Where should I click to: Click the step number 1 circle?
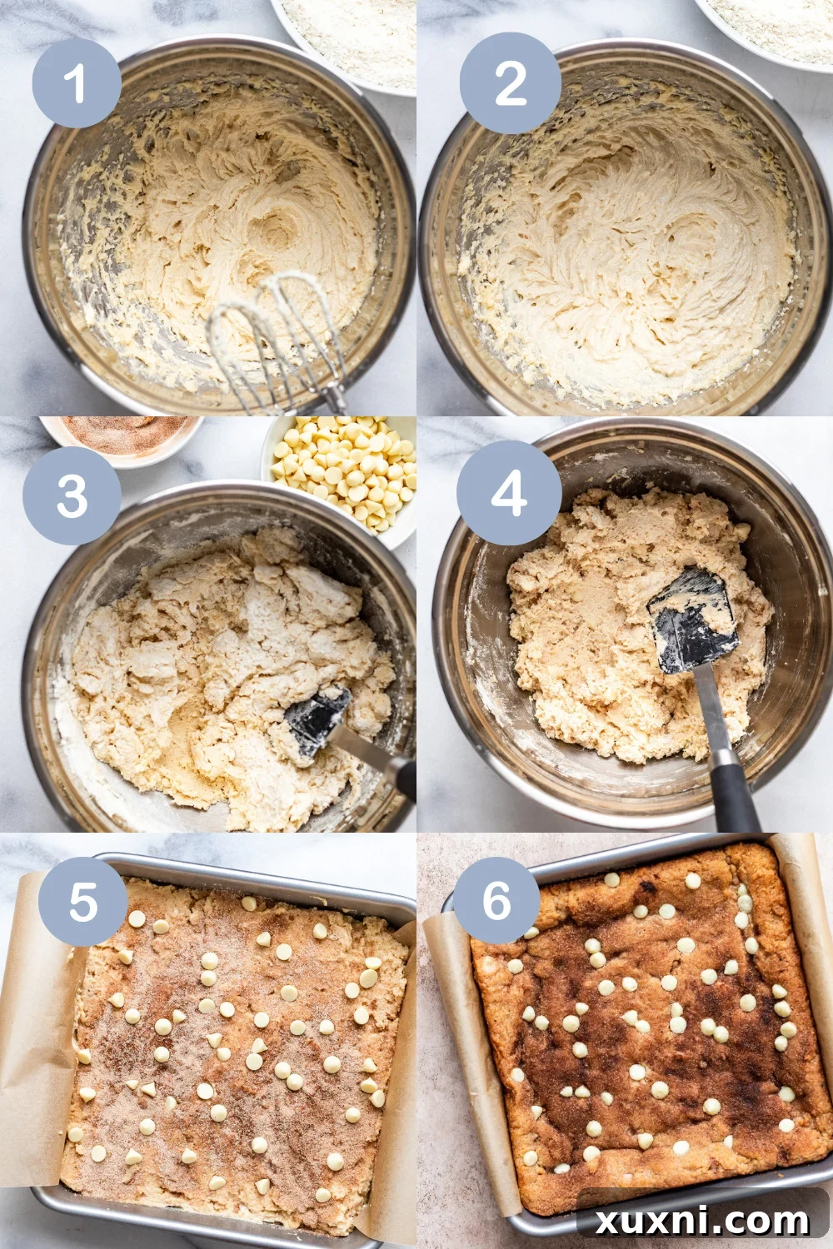pyautogui.click(x=77, y=83)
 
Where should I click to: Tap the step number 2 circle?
pyautogui.click(x=510, y=83)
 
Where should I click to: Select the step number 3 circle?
pyautogui.click(x=72, y=495)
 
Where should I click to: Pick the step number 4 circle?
pyautogui.click(x=508, y=492)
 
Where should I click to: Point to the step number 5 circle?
pyautogui.click(x=82, y=901)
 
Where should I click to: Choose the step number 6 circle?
pyautogui.click(x=496, y=900)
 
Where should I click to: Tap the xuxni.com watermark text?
pyautogui.click(x=702, y=1221)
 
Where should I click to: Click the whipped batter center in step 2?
pyautogui.click(x=633, y=250)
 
